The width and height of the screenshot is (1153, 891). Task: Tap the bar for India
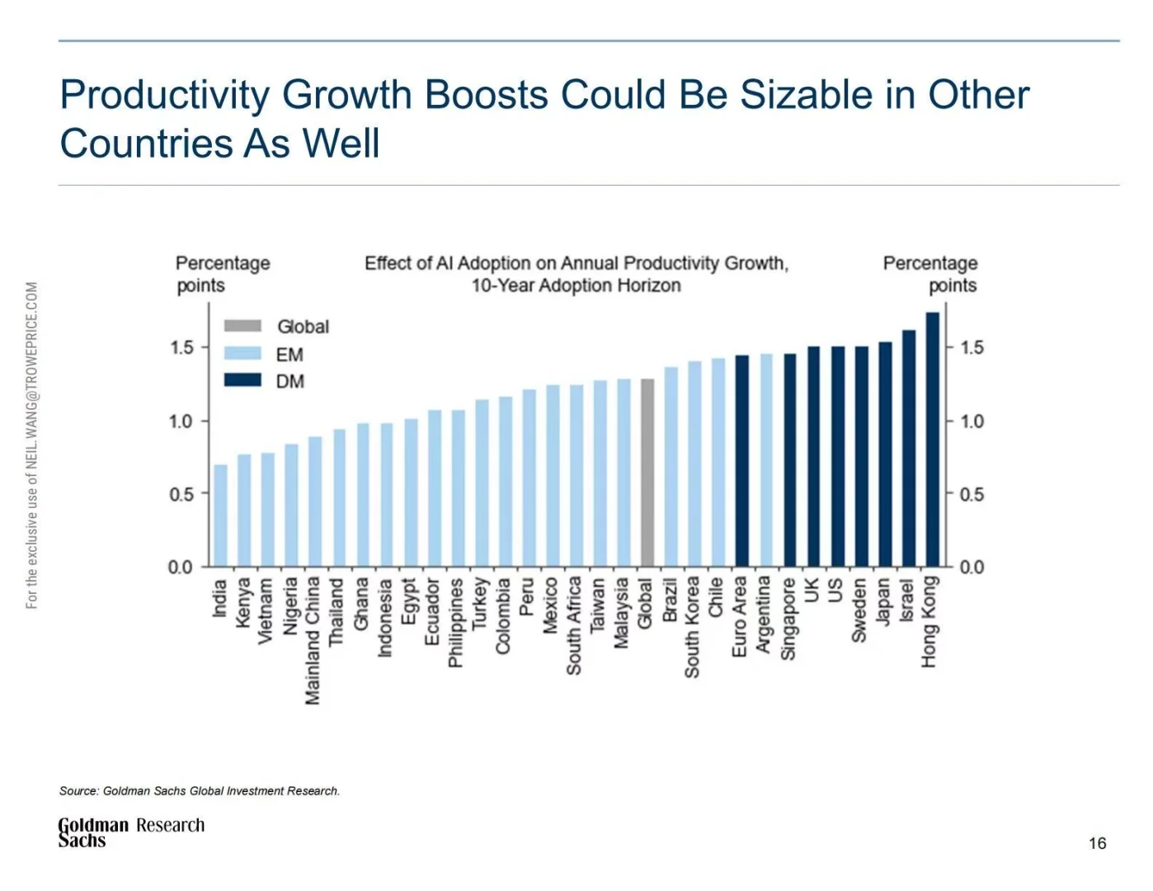pyautogui.click(x=220, y=516)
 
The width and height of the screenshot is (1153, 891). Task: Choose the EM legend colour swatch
pyautogui.click(x=242, y=353)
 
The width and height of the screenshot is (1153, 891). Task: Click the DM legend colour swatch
pyautogui.click(x=242, y=380)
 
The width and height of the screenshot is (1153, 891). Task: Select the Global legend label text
pyautogui.click(x=303, y=327)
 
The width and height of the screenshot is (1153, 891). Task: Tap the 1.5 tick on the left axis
pyautogui.click(x=181, y=347)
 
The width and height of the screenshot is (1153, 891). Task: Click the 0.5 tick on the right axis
pyautogui.click(x=972, y=494)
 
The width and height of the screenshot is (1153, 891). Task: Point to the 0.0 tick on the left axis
pyautogui.click(x=180, y=568)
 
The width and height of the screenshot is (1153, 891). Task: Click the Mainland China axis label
pyautogui.click(x=313, y=640)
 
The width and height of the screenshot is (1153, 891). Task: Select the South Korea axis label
pyautogui.click(x=692, y=627)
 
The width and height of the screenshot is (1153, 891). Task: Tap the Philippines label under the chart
pyautogui.click(x=455, y=622)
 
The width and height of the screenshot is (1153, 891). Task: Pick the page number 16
pyautogui.click(x=1097, y=843)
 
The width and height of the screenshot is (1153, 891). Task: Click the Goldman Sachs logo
pyautogui.click(x=92, y=832)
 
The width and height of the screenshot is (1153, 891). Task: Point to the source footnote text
pyautogui.click(x=199, y=790)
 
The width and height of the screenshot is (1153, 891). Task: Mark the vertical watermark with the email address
pyautogui.click(x=32, y=445)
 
